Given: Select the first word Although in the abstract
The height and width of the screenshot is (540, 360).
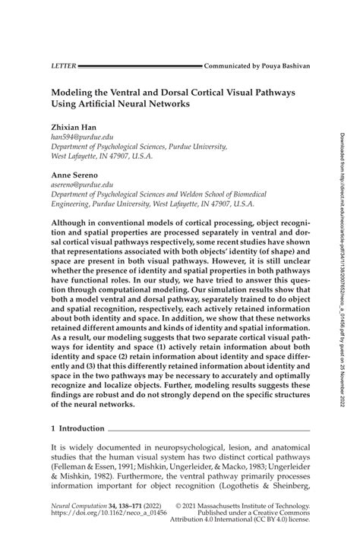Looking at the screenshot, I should pyautogui.click(x=72, y=216).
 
